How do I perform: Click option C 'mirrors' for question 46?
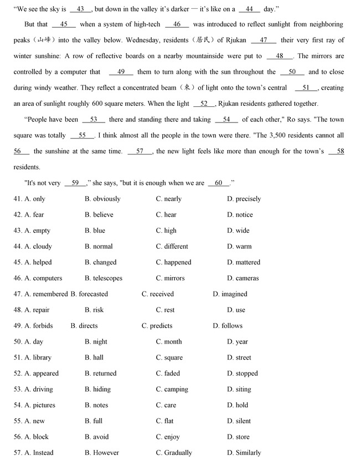(x=172, y=278)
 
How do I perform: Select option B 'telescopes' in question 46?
(x=104, y=278)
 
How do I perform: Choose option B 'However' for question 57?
(x=102, y=453)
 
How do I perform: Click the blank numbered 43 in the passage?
(x=81, y=9)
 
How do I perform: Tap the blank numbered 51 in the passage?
(x=306, y=88)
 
